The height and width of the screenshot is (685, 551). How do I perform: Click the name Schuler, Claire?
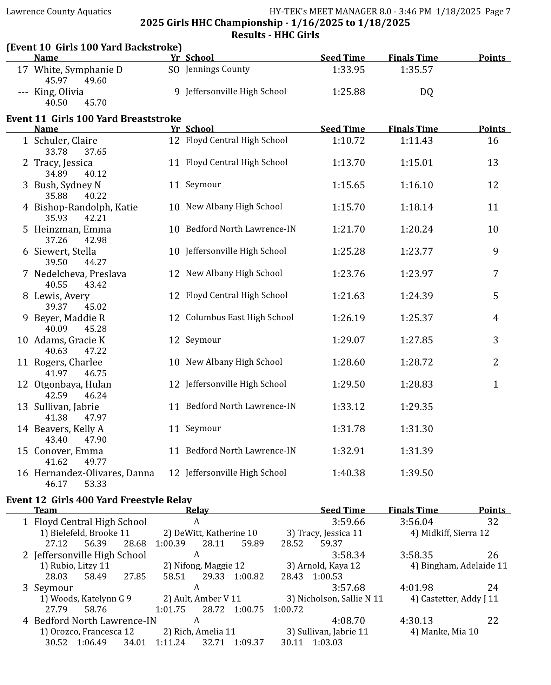click(66, 141)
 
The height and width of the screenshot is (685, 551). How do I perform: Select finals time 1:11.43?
click(416, 141)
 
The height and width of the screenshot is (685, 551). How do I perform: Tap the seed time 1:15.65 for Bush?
click(348, 185)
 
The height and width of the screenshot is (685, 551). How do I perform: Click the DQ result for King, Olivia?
click(426, 92)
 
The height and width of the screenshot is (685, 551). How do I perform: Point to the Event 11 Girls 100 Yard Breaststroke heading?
click(94, 119)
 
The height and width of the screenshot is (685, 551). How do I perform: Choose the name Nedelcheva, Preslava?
click(80, 274)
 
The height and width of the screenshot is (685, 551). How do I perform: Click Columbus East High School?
click(239, 317)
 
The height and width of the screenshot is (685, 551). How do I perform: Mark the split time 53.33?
click(95, 484)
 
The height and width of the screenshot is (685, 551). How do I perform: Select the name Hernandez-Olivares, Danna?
click(94, 473)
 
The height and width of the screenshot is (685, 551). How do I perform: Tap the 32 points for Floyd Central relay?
click(493, 522)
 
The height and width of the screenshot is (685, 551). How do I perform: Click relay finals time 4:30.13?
click(416, 621)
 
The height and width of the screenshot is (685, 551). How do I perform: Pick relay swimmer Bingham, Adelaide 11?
click(459, 566)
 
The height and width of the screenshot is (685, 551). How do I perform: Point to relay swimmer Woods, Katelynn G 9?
click(86, 599)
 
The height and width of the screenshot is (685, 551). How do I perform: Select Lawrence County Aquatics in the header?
click(59, 12)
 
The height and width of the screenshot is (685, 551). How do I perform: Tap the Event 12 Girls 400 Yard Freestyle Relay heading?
click(99, 500)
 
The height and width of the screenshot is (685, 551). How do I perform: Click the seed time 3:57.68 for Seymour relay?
click(348, 588)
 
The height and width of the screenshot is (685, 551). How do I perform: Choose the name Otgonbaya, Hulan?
click(73, 384)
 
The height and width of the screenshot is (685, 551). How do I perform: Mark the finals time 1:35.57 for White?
click(416, 70)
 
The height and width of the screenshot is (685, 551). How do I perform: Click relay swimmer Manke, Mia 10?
click(444, 632)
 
